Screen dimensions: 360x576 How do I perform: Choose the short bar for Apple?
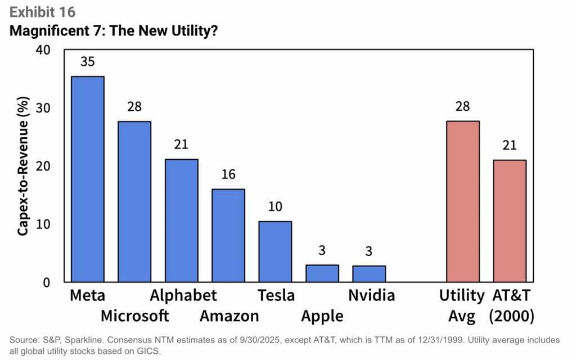[x=322, y=273]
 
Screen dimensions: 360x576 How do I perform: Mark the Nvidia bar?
[x=369, y=274]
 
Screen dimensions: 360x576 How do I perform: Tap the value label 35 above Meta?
[x=87, y=62]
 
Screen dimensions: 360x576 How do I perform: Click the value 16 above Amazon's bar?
[x=228, y=175]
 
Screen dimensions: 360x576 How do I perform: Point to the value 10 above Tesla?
[x=275, y=207]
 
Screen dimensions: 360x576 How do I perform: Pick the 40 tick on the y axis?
[x=43, y=50]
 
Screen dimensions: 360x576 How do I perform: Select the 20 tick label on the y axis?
[x=43, y=166]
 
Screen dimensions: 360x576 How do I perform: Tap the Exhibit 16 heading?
[x=42, y=11]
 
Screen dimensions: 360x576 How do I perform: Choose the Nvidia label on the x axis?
[x=371, y=296]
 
